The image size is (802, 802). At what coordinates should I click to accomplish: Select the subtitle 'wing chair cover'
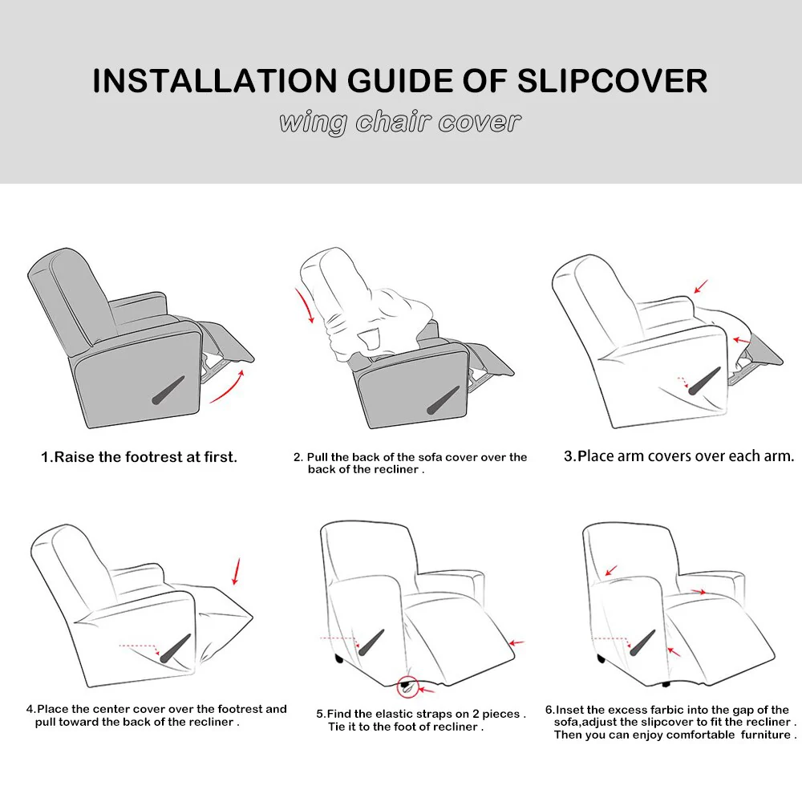pos(399,122)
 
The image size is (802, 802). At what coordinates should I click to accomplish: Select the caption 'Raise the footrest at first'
pos(140,457)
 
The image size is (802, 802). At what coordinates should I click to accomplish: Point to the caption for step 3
pos(678,456)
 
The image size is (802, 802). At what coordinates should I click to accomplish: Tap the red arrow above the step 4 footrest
pos(235,571)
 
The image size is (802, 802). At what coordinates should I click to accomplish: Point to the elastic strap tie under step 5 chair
pos(407,683)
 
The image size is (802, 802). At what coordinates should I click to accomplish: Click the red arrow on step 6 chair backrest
pos(611,571)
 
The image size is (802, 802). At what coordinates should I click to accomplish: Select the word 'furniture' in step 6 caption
pos(762,734)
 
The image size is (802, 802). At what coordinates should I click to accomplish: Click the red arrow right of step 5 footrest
pos(516,642)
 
